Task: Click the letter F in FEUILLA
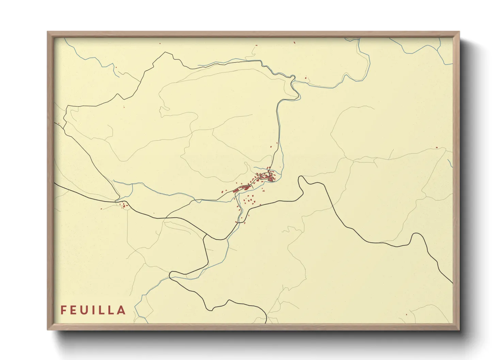(63, 310)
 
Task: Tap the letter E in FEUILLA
(74, 310)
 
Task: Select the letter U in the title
(85, 310)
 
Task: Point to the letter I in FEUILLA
(95, 310)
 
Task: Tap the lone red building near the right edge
(437, 147)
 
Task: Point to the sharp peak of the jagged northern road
(166, 52)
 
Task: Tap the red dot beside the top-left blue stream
(116, 67)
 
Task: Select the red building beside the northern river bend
(305, 79)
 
